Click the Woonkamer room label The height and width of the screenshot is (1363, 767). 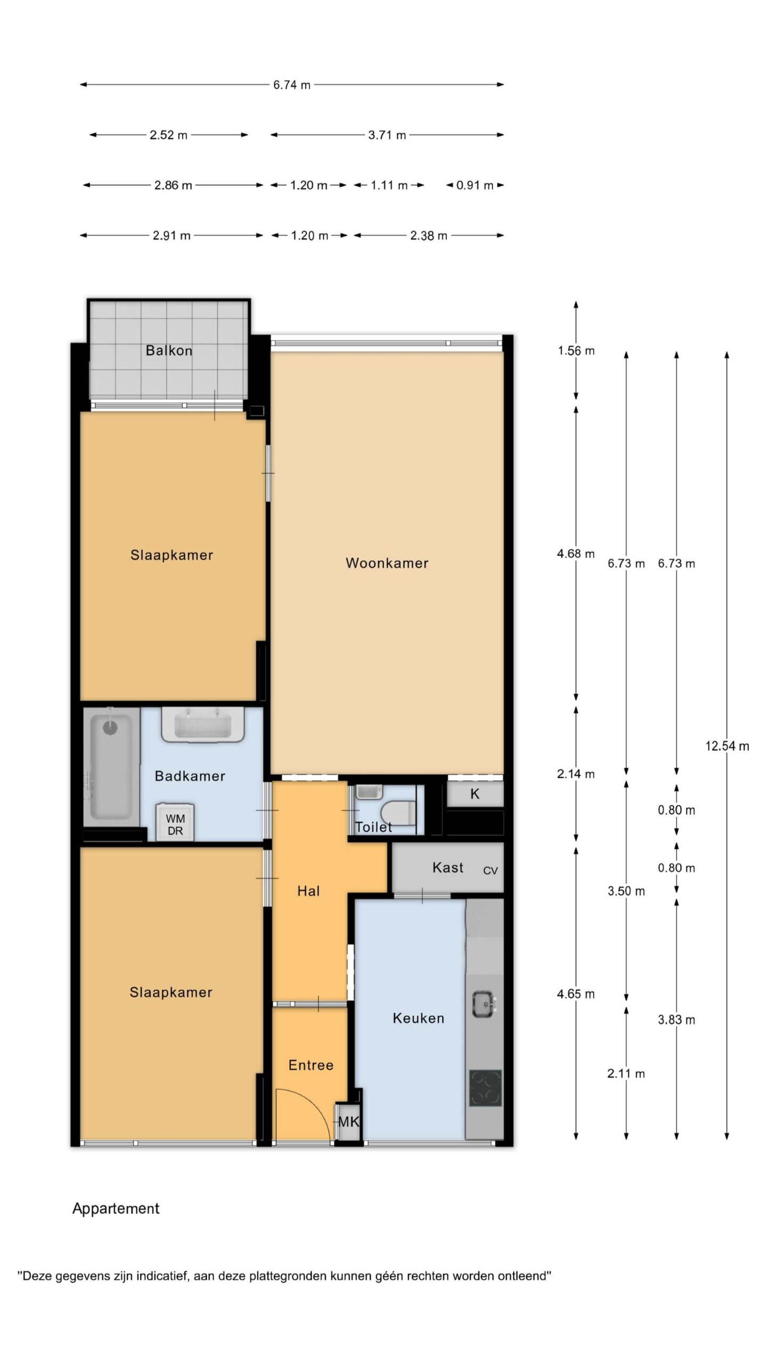387,563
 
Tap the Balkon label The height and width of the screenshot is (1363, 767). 169,350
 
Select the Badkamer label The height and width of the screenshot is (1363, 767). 190,776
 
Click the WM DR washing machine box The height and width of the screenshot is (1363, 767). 175,823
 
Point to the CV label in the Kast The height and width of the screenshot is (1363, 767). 491,871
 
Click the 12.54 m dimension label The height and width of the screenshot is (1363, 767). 727,746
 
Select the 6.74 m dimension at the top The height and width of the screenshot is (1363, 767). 292,85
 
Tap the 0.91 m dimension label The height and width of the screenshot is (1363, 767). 475,185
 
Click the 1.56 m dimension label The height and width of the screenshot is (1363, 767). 576,351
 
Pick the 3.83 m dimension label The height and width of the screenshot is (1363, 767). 676,1020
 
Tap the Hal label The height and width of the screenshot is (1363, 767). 308,891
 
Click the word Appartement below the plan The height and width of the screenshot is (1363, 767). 116,1209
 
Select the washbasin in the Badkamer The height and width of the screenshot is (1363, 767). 203,725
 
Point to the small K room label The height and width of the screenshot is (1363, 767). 475,794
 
